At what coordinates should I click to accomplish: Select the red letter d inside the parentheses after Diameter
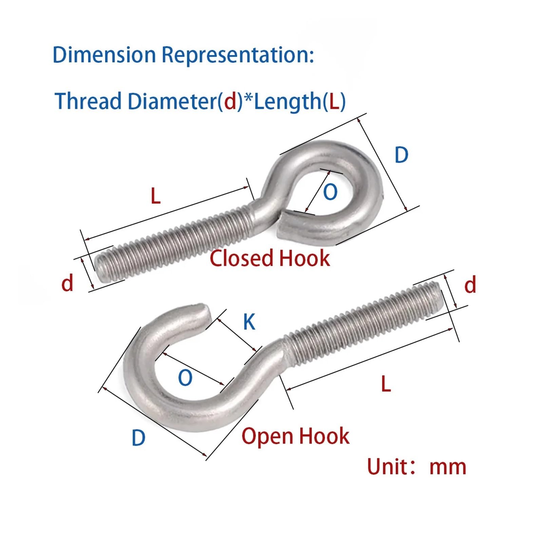(x=230, y=101)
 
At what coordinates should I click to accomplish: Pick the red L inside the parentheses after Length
(x=334, y=101)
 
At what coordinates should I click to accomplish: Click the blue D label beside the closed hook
(x=401, y=155)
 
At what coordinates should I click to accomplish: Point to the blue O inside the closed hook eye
(x=330, y=192)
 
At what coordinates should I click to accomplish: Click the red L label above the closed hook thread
(x=156, y=196)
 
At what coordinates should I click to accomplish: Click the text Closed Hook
(x=270, y=258)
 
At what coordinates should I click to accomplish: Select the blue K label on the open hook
(x=249, y=322)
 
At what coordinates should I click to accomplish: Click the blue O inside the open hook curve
(x=185, y=377)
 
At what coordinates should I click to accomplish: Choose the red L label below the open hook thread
(x=386, y=384)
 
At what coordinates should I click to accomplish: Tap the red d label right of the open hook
(x=470, y=284)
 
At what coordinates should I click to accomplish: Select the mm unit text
(x=448, y=468)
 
